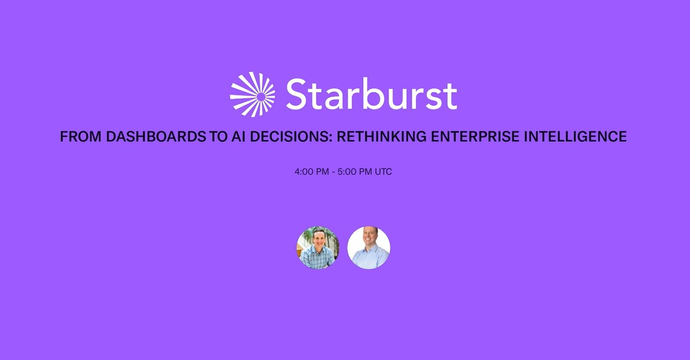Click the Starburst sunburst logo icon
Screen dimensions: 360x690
[253, 95]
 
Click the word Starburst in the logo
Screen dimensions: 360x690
[371, 95]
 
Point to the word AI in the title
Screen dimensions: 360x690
[238, 136]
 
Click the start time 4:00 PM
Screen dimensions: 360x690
[312, 172]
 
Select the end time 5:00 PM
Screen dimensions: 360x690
[355, 172]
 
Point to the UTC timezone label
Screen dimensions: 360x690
[383, 172]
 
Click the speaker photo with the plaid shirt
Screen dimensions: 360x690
[318, 248]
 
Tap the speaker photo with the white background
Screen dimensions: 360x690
[369, 248]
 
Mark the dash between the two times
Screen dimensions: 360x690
[333, 172]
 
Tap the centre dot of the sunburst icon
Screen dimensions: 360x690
[261, 96]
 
